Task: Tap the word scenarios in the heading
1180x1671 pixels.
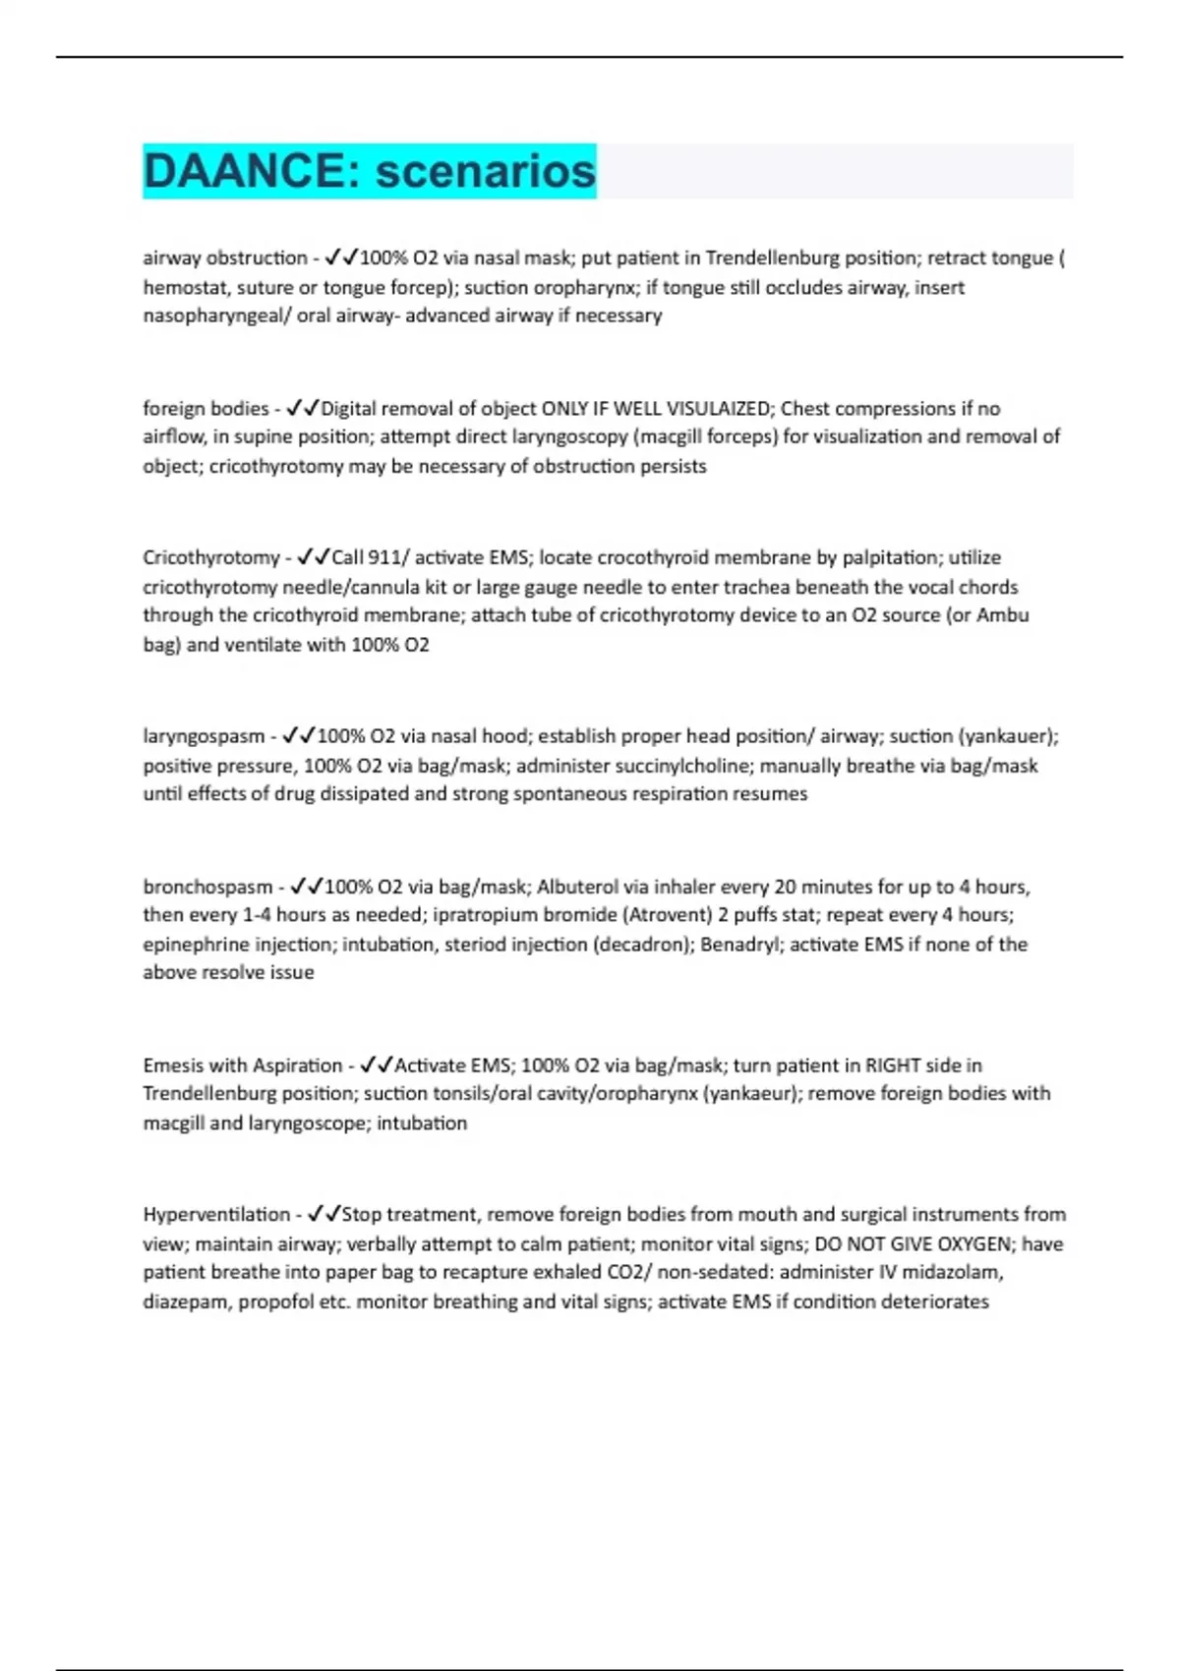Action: tap(486, 171)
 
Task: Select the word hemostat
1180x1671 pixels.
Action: tap(186, 288)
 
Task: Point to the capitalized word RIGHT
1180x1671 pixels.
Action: tap(893, 1066)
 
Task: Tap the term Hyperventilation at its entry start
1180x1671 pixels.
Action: tap(216, 1215)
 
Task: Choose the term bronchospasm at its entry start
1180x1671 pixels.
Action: tap(207, 887)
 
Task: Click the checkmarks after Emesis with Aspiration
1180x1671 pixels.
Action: tap(377, 1066)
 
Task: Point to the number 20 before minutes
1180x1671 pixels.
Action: tap(785, 887)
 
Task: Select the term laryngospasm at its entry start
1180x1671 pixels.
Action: tap(204, 736)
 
